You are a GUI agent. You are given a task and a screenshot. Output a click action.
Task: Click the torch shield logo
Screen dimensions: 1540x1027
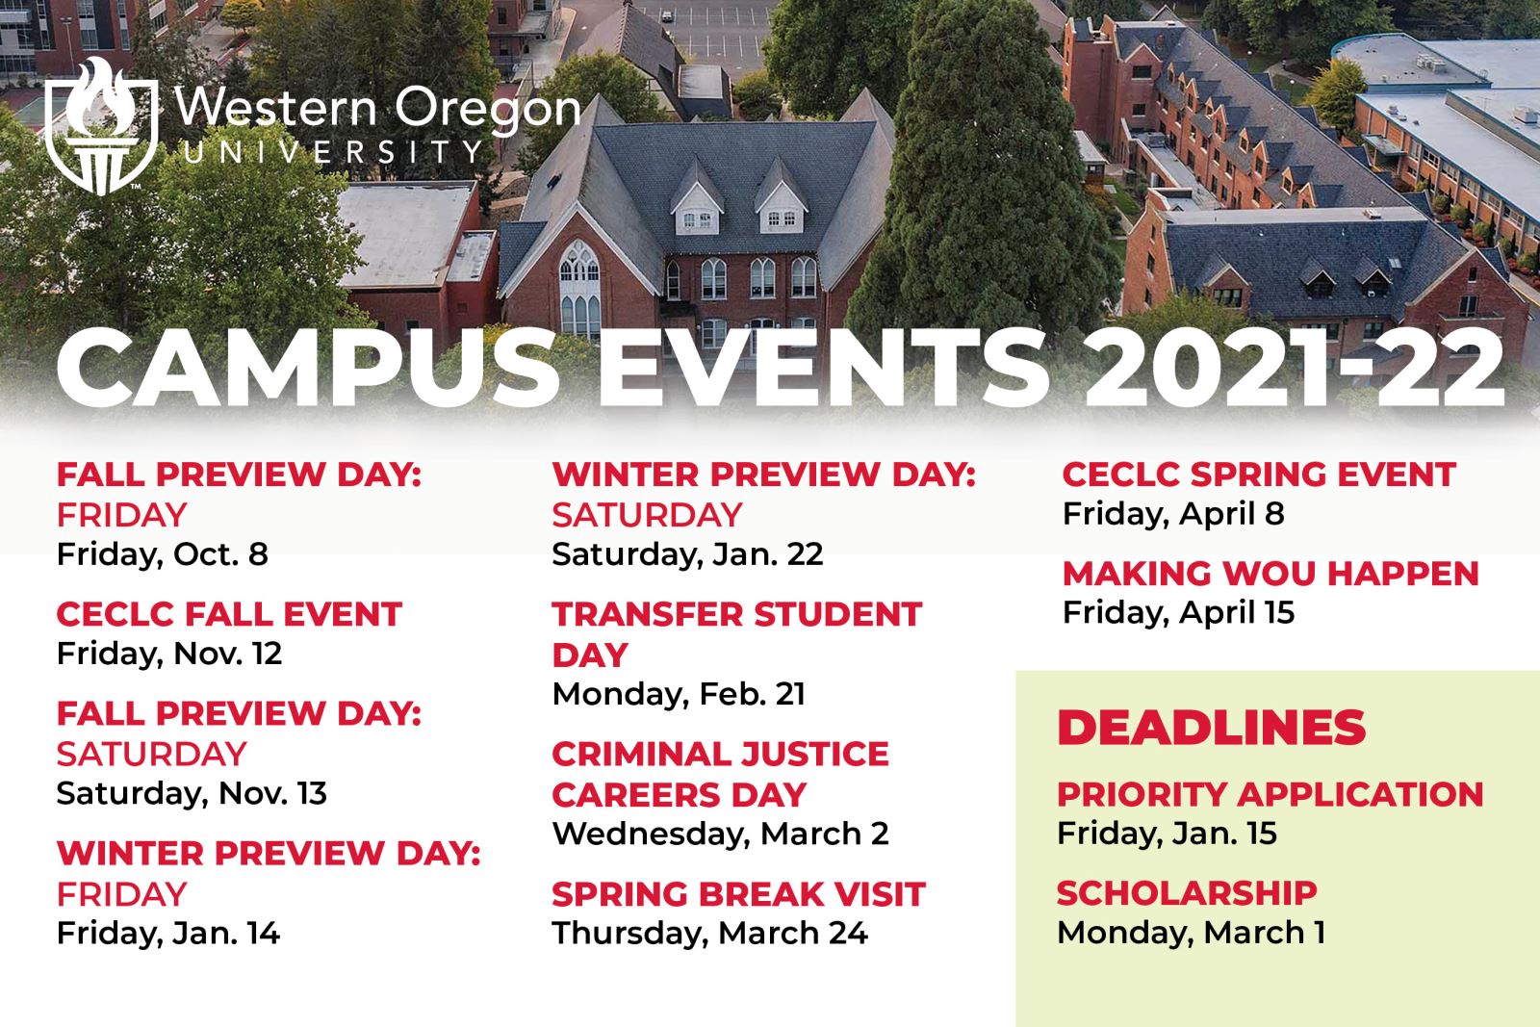pos(101,126)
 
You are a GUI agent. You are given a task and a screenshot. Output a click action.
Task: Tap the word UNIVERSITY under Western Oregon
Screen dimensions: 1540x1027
pos(333,152)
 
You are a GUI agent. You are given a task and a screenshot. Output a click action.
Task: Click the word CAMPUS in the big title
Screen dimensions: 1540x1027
pos(307,370)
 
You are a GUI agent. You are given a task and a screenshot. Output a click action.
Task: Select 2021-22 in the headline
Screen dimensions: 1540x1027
pos(1294,370)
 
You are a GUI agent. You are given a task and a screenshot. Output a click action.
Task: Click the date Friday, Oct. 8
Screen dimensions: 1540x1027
pos(163,554)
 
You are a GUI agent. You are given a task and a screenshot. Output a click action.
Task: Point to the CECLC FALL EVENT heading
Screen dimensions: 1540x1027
pos(229,614)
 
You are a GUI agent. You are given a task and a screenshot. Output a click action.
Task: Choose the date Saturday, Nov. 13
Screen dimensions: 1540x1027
pos(192,793)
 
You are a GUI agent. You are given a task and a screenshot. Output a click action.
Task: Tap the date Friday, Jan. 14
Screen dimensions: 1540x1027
pos(168,934)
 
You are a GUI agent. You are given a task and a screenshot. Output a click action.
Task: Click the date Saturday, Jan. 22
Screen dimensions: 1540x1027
pos(687,554)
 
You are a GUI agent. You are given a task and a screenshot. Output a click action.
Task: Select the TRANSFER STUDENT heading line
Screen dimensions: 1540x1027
pos(737,614)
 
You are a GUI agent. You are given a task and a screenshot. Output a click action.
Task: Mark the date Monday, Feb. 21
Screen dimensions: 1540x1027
pos(679,694)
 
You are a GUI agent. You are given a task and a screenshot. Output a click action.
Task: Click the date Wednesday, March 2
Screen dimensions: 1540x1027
pos(721,834)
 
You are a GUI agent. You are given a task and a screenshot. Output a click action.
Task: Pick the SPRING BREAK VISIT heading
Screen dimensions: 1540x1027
pos(738,894)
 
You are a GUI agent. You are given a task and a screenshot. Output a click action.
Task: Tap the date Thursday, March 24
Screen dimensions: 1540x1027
pos(710,934)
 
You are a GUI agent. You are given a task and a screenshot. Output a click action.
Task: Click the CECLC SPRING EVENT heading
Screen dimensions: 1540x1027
pos(1260,475)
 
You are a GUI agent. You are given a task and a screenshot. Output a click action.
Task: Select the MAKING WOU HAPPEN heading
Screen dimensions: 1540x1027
pos(1270,574)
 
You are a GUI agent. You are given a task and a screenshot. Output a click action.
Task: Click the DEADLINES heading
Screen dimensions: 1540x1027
pos(1212,728)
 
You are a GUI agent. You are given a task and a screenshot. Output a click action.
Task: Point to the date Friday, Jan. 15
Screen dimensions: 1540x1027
pos(1167,834)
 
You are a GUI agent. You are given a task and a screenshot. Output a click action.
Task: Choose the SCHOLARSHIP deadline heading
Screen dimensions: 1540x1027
pos(1188,893)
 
